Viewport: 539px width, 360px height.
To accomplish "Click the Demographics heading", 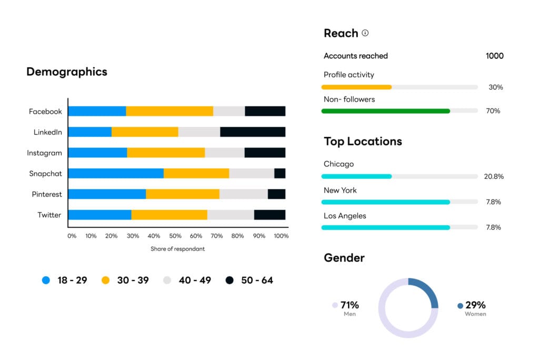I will [67, 72].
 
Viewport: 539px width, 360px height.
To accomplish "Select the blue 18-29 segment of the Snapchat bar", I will [116, 173].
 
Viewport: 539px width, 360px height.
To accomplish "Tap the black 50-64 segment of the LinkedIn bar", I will [253, 132].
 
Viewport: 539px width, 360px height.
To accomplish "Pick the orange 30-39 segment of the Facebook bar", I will [169, 111].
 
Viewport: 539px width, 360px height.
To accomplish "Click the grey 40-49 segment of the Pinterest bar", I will [243, 194].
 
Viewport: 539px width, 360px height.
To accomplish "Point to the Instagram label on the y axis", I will [45, 153].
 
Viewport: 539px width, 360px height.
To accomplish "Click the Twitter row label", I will [49, 215].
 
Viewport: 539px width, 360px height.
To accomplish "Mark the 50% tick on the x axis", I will [175, 236].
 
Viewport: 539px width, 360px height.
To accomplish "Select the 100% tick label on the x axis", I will [282, 236].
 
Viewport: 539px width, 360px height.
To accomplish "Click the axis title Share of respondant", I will [177, 249].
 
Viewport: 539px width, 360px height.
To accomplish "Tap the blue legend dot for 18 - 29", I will [46, 281].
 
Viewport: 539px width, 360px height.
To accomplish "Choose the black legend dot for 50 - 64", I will [229, 281].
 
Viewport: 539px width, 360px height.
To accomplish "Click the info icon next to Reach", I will [365, 33].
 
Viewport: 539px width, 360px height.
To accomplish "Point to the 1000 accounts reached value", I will [494, 56].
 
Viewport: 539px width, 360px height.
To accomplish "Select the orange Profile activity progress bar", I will [356, 87].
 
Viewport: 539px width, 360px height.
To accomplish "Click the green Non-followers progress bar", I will [385, 111].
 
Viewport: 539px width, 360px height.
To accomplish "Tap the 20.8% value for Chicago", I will [494, 176].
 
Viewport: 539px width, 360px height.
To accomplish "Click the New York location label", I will [340, 190].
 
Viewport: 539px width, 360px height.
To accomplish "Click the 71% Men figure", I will [350, 305].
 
